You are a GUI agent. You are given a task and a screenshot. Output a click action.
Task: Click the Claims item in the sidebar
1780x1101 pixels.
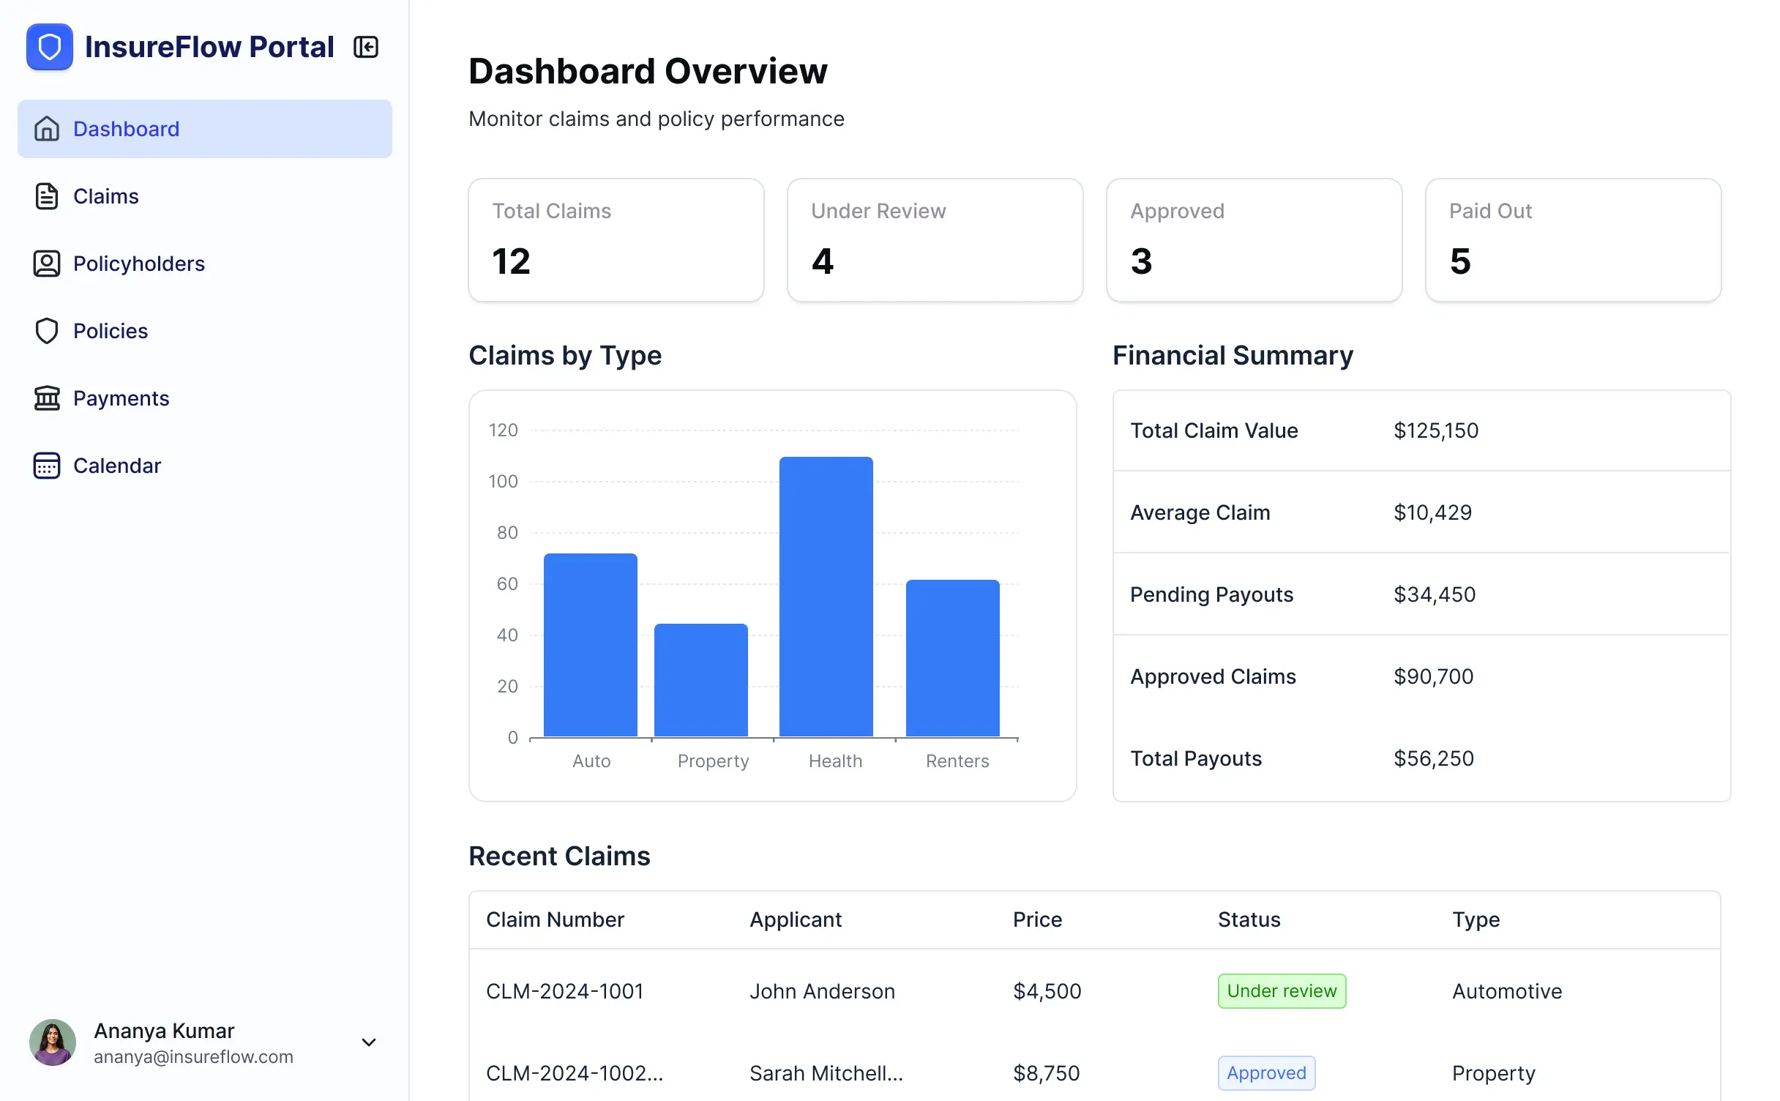[105, 196]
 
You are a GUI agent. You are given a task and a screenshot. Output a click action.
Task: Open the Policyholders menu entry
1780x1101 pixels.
[138, 264]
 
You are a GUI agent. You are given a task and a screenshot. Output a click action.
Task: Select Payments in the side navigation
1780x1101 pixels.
[121, 398]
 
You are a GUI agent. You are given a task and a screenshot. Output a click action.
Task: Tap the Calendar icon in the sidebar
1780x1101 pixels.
[47, 466]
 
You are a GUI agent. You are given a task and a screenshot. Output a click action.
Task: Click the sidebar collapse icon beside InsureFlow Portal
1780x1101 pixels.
[366, 47]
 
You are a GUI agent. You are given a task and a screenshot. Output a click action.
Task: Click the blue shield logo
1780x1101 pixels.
[50, 47]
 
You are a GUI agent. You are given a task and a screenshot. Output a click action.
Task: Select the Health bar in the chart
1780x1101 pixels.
[826, 597]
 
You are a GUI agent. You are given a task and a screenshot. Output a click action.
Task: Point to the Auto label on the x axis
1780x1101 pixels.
[591, 761]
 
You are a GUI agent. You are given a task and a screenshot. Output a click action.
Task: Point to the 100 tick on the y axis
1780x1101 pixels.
[503, 482]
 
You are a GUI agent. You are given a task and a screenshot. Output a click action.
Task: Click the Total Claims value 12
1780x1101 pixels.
[511, 261]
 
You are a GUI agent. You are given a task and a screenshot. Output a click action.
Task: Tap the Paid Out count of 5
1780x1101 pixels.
[1460, 261]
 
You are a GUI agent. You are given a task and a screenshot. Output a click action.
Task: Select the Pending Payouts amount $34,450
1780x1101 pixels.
[1435, 594]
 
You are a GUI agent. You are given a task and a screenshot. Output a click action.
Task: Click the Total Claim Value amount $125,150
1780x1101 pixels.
[1436, 430]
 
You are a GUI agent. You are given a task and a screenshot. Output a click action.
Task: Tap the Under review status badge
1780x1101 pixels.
[1282, 991]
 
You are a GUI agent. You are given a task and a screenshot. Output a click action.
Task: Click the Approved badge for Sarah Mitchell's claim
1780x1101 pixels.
[1266, 1073]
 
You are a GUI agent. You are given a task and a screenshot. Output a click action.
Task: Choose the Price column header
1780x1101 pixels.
[1037, 919]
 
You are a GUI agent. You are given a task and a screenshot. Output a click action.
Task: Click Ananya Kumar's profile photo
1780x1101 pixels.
[53, 1042]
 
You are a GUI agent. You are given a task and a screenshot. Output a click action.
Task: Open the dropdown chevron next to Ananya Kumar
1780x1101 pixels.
[369, 1042]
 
